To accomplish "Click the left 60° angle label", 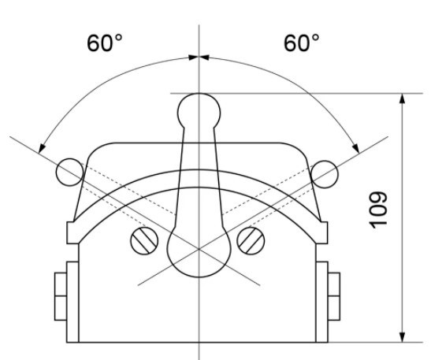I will tap(105, 43).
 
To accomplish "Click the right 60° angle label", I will tap(300, 43).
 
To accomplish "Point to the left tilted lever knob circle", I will tap(69, 171).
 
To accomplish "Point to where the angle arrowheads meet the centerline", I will tap(199, 57).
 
